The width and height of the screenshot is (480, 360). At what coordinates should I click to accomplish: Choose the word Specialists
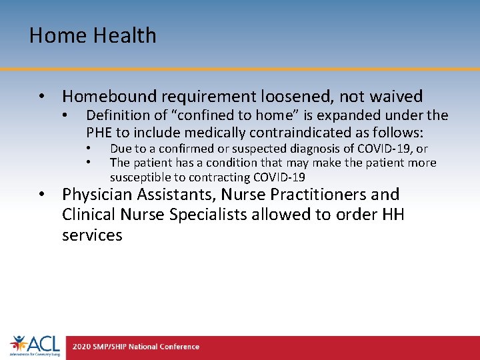pos(207,215)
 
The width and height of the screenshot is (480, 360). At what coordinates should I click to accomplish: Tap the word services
pos(92,235)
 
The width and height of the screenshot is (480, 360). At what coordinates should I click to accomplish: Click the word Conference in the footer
pos(179,347)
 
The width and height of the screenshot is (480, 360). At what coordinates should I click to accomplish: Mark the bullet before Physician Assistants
pos(42,195)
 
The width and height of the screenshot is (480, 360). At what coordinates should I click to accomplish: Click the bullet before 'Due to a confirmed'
pos(88,149)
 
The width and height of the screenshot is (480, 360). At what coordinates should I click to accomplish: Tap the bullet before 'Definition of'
pos(65,116)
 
